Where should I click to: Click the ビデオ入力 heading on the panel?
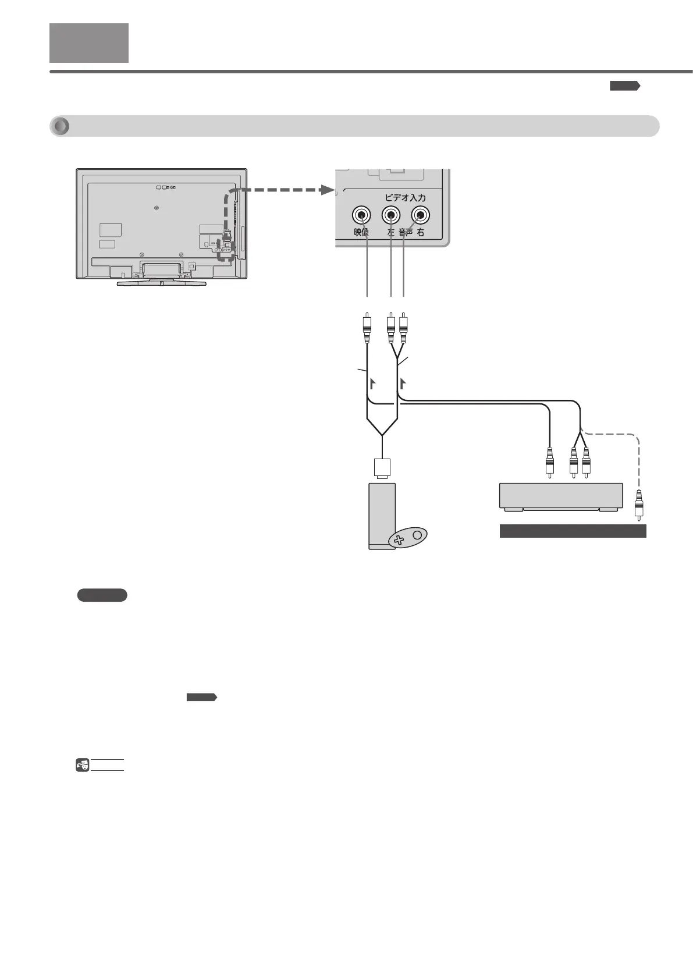pyautogui.click(x=405, y=198)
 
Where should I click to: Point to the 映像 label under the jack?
pyautogui.click(x=361, y=233)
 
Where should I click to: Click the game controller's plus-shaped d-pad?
pyautogui.click(x=399, y=540)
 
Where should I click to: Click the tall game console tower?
pyautogui.click(x=382, y=515)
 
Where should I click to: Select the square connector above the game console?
pyautogui.click(x=382, y=468)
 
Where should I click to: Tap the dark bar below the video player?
pyautogui.click(x=573, y=531)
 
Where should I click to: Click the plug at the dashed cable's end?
pyautogui.click(x=639, y=504)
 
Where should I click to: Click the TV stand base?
pyautogui.click(x=162, y=283)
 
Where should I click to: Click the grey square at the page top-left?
pyautogui.click(x=89, y=43)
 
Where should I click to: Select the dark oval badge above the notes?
pyautogui.click(x=102, y=595)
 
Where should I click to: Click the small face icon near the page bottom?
pyautogui.click(x=83, y=765)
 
